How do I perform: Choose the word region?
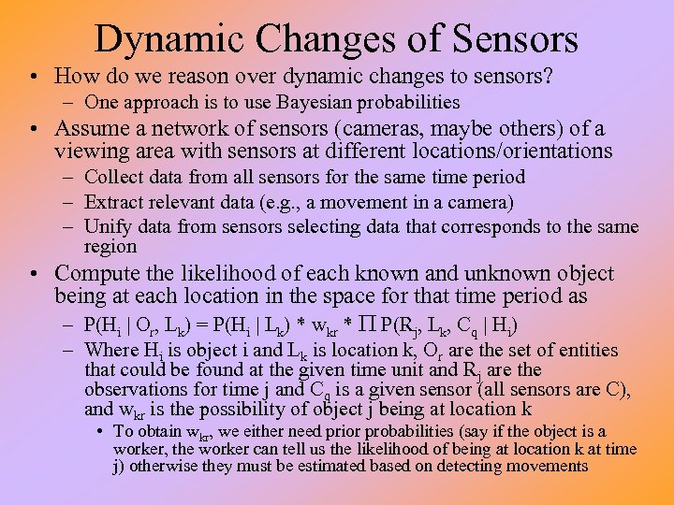point(110,247)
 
